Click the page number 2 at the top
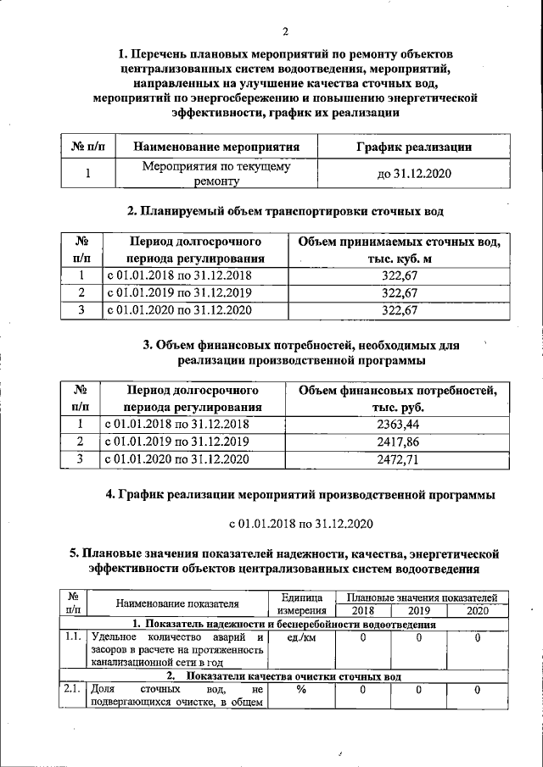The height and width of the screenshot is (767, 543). pyautogui.click(x=286, y=33)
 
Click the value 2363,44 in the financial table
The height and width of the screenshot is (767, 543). pyautogui.click(x=399, y=424)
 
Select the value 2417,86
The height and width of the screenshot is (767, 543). pyautogui.click(x=399, y=442)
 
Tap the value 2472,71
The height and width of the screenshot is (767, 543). pyautogui.click(x=399, y=459)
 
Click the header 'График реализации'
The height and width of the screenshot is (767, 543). pyautogui.click(x=414, y=147)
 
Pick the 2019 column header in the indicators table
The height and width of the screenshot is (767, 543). pyautogui.click(x=418, y=610)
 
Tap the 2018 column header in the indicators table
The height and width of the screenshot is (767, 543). pyautogui.click(x=363, y=610)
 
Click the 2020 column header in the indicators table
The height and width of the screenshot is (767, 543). pyautogui.click(x=478, y=610)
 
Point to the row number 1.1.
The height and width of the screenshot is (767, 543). pyautogui.click(x=73, y=637)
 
